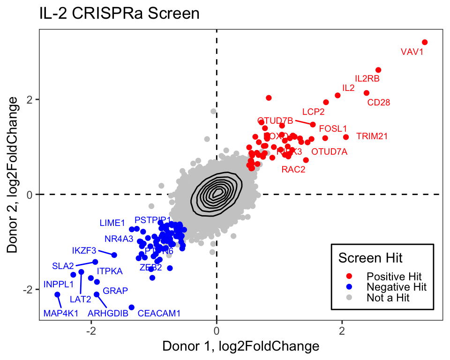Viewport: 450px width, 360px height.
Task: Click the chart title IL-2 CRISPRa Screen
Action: tap(120, 14)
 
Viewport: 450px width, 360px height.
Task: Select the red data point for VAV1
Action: tap(425, 42)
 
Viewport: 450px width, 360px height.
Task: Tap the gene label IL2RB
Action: tap(367, 79)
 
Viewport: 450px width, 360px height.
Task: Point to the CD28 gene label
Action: tap(378, 102)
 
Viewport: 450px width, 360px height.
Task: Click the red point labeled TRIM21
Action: tap(346, 137)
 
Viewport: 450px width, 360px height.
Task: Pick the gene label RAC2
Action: tap(293, 170)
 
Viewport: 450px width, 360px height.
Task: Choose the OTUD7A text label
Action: tap(330, 152)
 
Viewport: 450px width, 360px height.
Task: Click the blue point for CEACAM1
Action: tap(132, 307)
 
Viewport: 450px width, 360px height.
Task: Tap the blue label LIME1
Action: tap(112, 223)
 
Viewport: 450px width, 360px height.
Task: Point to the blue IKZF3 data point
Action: tap(114, 255)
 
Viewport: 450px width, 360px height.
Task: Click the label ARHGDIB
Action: tap(108, 313)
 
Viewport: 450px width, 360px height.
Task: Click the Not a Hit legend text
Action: tap(388, 298)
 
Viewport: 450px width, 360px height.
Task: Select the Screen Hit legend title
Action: tap(370, 257)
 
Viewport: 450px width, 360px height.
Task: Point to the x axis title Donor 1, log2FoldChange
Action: tap(240, 347)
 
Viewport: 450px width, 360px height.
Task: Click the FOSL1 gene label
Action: tap(333, 128)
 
